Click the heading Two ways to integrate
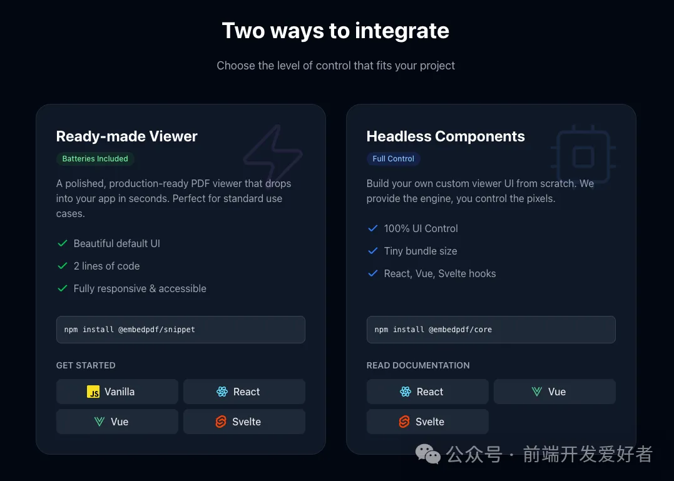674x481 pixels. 335,31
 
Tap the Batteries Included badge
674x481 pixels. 95,159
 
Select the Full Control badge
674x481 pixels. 393,159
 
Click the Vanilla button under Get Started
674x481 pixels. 117,392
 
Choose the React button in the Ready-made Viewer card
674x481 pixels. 244,392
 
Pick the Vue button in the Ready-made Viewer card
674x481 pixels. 117,422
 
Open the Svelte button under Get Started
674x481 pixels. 244,422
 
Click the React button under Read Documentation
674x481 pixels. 427,392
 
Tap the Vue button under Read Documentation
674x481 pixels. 554,392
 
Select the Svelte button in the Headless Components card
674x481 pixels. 427,422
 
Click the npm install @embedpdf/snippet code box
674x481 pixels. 180,330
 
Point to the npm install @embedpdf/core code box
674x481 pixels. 491,330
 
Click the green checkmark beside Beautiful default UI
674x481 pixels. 62,243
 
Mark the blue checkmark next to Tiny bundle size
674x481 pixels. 372,251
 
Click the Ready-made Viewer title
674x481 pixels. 126,136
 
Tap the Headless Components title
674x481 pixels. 446,136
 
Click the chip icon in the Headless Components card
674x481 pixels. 583,155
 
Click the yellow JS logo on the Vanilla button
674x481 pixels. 93,392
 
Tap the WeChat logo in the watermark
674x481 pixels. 429,453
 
